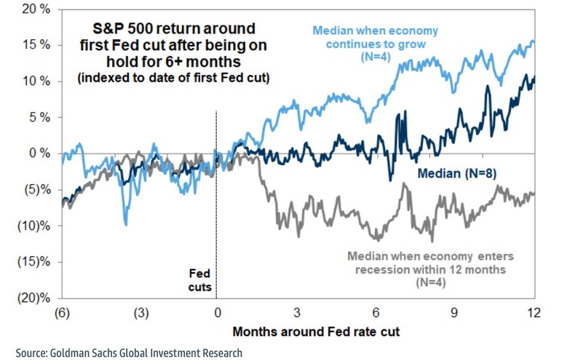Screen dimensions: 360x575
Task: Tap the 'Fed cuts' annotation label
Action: [x=200, y=281]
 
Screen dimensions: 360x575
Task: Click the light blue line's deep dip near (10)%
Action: [x=126, y=223]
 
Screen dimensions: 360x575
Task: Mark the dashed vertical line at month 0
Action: [x=217, y=218]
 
